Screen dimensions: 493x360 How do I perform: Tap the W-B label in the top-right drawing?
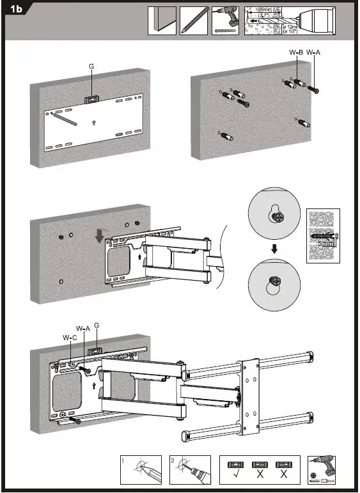pos(295,52)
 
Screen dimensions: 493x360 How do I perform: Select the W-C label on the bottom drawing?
pos(70,337)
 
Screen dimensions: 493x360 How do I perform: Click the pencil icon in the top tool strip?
pos(194,20)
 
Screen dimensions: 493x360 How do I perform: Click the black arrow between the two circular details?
pos(274,248)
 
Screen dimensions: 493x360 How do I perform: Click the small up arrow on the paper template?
pos(94,121)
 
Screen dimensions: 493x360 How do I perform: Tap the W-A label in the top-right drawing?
pos(314,52)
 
